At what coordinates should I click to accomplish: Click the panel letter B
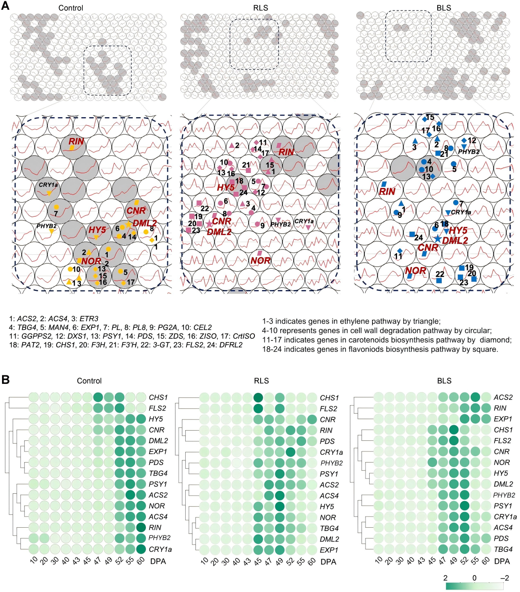(5, 379)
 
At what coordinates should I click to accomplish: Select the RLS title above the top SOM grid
(261, 8)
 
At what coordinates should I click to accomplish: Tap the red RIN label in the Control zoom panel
(76, 141)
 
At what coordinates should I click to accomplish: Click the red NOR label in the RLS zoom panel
(261, 261)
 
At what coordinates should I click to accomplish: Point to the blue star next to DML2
(438, 238)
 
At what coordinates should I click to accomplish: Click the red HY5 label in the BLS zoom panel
(458, 230)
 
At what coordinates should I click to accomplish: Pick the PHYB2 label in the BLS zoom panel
(469, 152)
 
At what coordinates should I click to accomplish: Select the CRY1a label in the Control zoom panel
(48, 185)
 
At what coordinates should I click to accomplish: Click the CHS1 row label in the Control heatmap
(158, 397)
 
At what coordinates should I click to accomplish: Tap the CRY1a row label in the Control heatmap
(160, 549)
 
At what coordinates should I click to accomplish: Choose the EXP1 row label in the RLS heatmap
(329, 550)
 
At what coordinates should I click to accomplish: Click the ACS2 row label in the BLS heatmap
(503, 397)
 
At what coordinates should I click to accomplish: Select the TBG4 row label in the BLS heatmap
(503, 549)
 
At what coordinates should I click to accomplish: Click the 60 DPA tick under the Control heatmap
(140, 561)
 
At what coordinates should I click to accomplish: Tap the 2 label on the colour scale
(445, 578)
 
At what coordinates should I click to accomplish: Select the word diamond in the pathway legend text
(500, 340)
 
